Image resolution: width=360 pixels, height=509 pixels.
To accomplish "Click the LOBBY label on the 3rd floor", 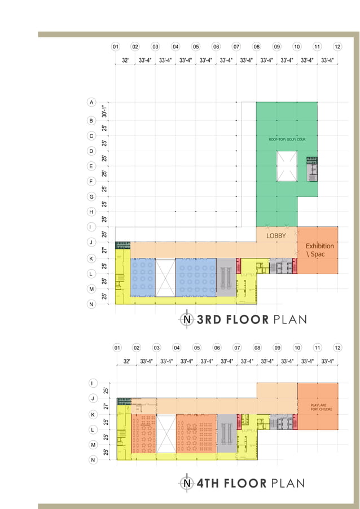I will (x=276, y=236).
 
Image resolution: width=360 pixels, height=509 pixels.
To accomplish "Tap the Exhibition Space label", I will (x=320, y=251).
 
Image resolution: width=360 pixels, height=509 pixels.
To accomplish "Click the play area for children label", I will (x=318, y=407).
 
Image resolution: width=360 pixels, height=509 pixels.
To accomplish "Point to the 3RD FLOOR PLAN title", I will (x=251, y=320).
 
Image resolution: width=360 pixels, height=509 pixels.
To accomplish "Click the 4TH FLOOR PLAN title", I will (x=250, y=483).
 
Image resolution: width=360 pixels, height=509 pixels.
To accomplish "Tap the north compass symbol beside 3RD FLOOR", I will (x=186, y=319).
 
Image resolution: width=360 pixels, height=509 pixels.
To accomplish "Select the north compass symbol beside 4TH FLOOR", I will (x=186, y=483).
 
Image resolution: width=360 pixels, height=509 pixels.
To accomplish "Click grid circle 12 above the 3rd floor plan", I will (x=337, y=47).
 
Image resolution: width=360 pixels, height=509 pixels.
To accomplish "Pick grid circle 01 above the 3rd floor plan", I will (x=115, y=47).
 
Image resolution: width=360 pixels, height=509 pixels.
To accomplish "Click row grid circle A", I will (x=91, y=102).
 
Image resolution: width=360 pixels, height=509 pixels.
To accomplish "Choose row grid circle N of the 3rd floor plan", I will (x=91, y=304).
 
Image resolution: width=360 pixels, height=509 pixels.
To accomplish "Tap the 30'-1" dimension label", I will (x=104, y=111).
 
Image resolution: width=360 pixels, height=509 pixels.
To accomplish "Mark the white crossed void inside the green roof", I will (x=287, y=167).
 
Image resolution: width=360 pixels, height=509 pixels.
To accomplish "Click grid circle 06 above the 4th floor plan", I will (x=217, y=348).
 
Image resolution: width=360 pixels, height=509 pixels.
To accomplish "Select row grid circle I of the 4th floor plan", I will (x=92, y=383).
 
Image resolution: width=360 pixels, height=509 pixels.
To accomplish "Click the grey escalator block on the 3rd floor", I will (x=226, y=278).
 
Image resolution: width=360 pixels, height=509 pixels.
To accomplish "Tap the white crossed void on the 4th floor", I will (x=166, y=435).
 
